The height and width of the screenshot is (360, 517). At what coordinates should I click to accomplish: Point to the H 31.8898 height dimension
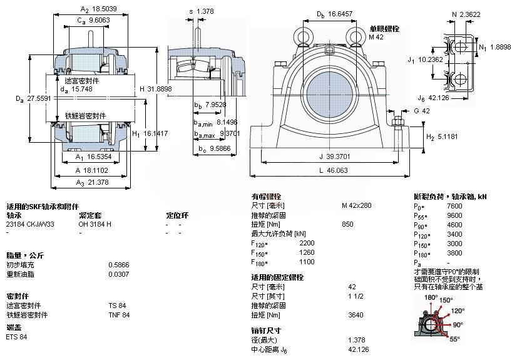[x=155, y=89]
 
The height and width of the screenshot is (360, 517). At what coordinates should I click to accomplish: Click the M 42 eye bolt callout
[x=376, y=38]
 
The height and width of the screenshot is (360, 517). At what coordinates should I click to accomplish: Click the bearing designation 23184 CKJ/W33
[x=30, y=224]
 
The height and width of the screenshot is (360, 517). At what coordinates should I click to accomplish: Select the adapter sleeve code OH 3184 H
[x=95, y=224]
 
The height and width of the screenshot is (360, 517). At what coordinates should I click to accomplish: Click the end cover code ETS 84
[x=16, y=337]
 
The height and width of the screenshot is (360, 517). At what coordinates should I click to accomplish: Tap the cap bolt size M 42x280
[x=357, y=205]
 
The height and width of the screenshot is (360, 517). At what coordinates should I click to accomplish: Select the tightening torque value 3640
[x=355, y=315]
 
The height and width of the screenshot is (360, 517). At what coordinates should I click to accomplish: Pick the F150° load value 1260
[x=308, y=253]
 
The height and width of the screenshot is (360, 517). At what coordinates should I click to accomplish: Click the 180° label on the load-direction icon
[x=430, y=297]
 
